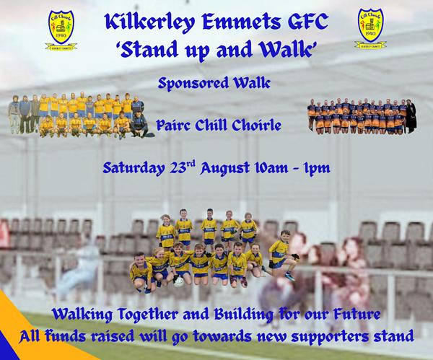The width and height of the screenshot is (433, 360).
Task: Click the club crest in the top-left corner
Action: click(x=61, y=30)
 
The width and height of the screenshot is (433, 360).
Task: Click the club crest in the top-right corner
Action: click(x=370, y=28)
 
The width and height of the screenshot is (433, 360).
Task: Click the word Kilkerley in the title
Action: click(x=149, y=22)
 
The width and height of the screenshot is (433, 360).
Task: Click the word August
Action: click(x=224, y=168)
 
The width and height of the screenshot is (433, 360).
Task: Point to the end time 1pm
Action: click(x=317, y=168)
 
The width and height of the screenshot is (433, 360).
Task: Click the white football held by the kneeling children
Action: click(x=179, y=281)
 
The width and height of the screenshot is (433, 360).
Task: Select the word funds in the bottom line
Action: click(x=62, y=336)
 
